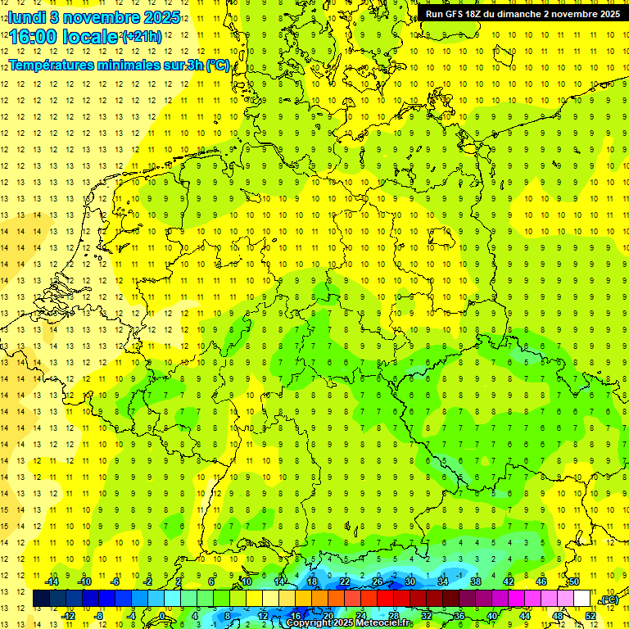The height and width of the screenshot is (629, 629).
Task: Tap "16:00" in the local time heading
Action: [34, 37]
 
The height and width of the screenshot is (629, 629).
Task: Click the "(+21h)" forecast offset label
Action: [141, 37]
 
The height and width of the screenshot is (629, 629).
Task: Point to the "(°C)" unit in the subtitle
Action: [217, 65]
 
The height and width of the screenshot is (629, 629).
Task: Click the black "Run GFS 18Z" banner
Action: [522, 14]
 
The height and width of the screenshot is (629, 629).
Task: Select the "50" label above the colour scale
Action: [574, 581]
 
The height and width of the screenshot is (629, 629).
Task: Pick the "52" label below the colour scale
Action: [591, 615]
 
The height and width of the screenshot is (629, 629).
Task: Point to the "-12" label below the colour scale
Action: [68, 615]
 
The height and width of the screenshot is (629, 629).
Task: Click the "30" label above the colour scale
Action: [410, 581]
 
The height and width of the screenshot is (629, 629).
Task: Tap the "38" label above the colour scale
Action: [475, 581]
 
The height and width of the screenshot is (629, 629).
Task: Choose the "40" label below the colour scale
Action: [491, 615]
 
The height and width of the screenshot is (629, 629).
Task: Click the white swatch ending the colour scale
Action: [581, 599]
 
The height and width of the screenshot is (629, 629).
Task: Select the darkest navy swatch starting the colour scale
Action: [41, 599]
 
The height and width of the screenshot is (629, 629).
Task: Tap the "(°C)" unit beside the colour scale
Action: [609, 600]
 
